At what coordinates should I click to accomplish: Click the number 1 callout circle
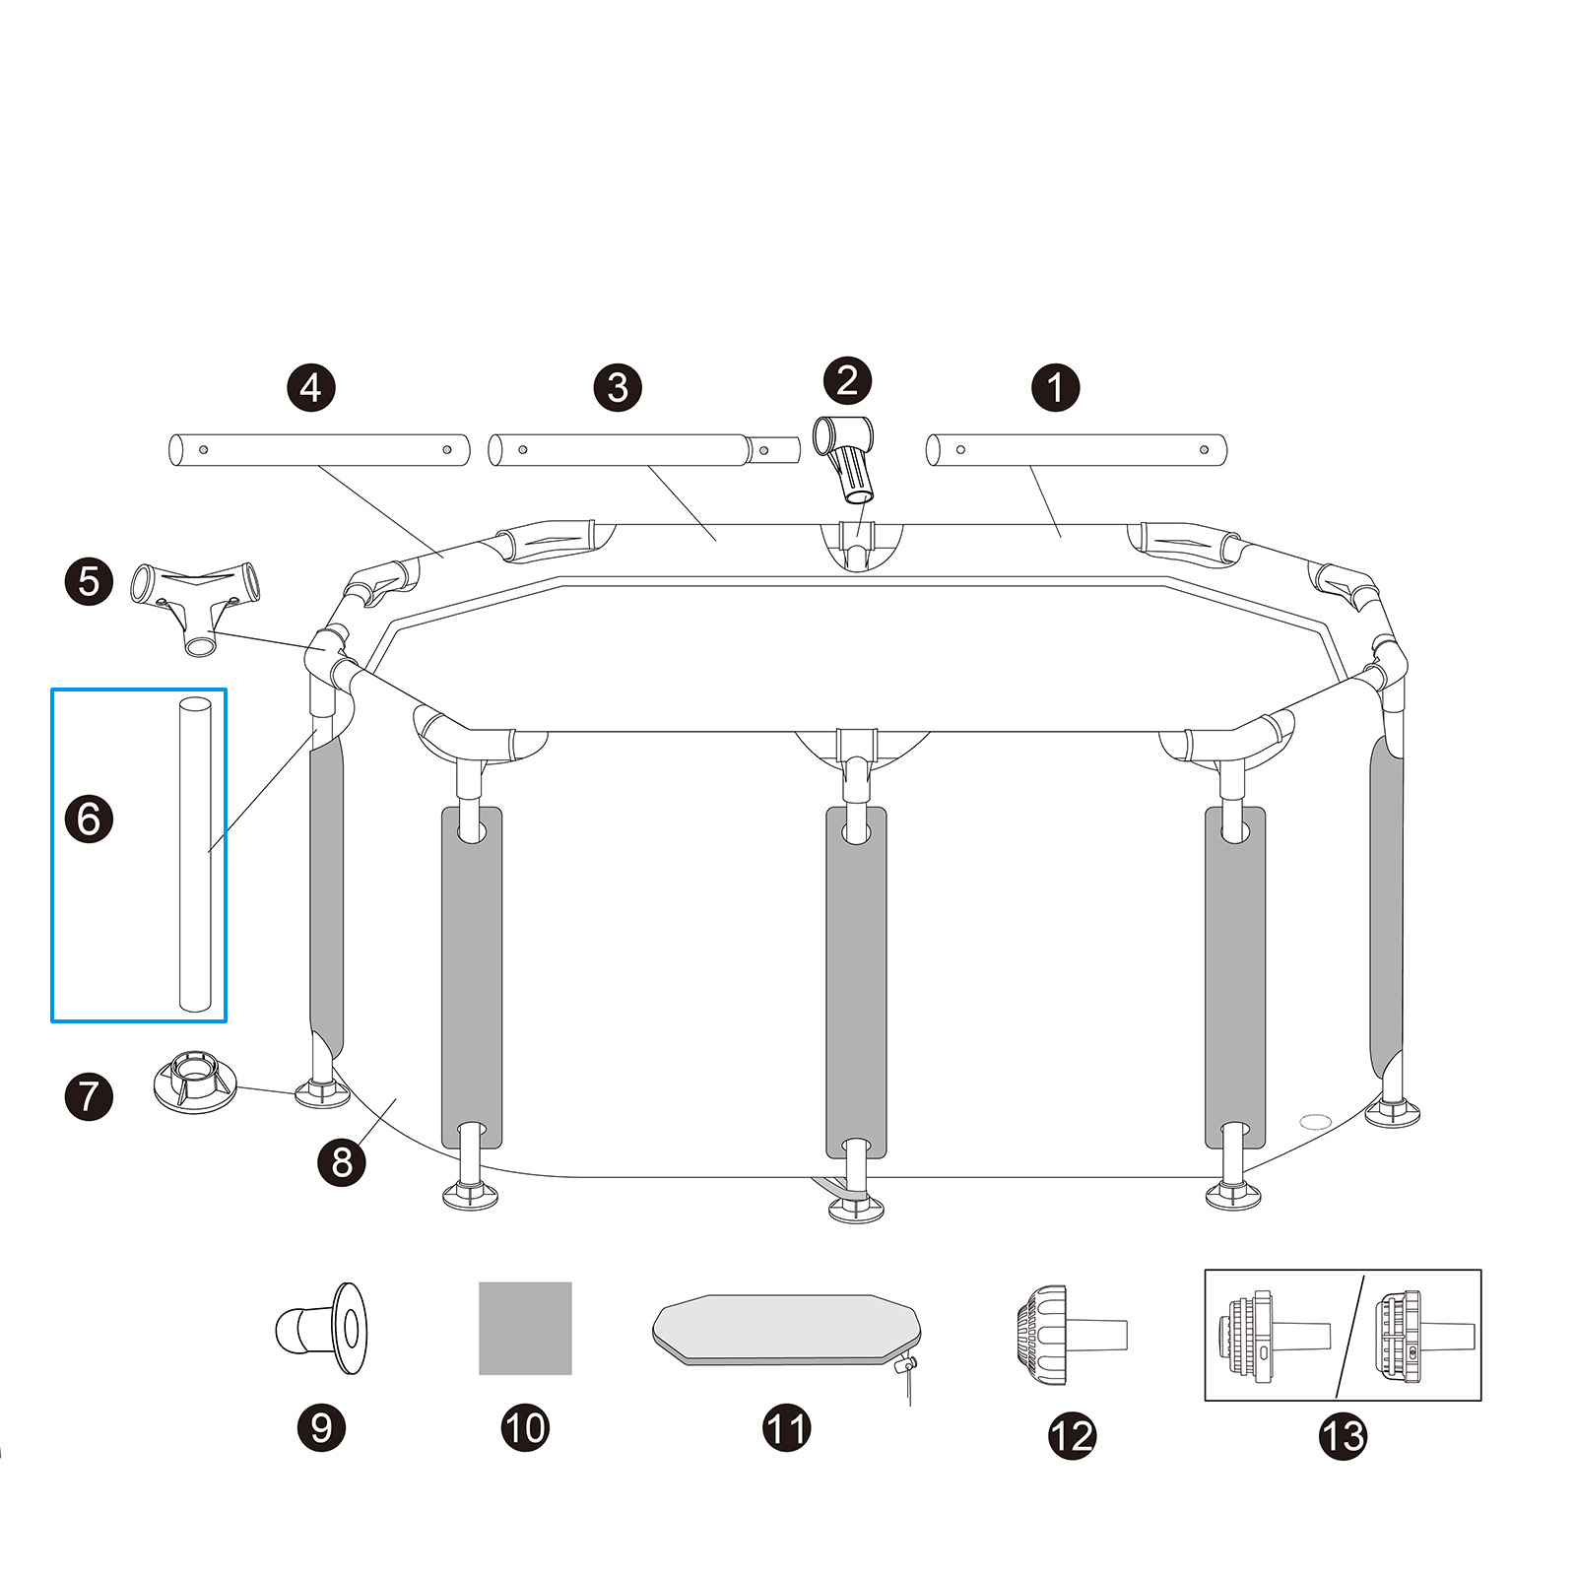[1055, 387]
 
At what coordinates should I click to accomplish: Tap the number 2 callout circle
[847, 380]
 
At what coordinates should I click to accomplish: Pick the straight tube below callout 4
[319, 450]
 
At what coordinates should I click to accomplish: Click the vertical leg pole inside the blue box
[195, 854]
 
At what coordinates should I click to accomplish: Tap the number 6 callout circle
[89, 819]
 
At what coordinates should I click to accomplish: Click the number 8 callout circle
[341, 1161]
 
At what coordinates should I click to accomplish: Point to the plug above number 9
[322, 1327]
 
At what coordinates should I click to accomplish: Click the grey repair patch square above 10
[525, 1328]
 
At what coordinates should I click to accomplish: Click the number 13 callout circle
[1342, 1435]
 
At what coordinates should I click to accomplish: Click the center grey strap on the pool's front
[856, 980]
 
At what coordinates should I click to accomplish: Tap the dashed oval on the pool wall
[1315, 1121]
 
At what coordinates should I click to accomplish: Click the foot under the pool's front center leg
[855, 1207]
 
